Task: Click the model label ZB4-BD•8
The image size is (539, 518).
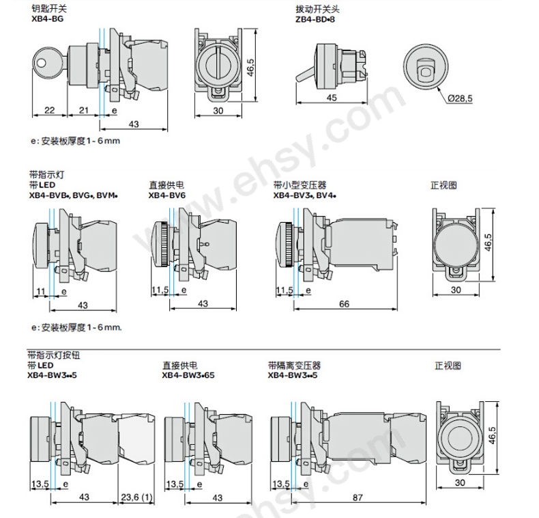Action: pos(315,20)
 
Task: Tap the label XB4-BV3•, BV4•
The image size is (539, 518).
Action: pos(306,194)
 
